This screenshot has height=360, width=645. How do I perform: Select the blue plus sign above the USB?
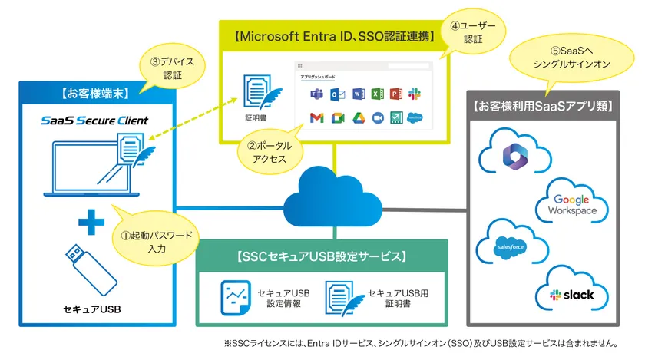(91, 222)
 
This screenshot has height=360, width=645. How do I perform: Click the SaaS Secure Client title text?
(95, 121)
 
